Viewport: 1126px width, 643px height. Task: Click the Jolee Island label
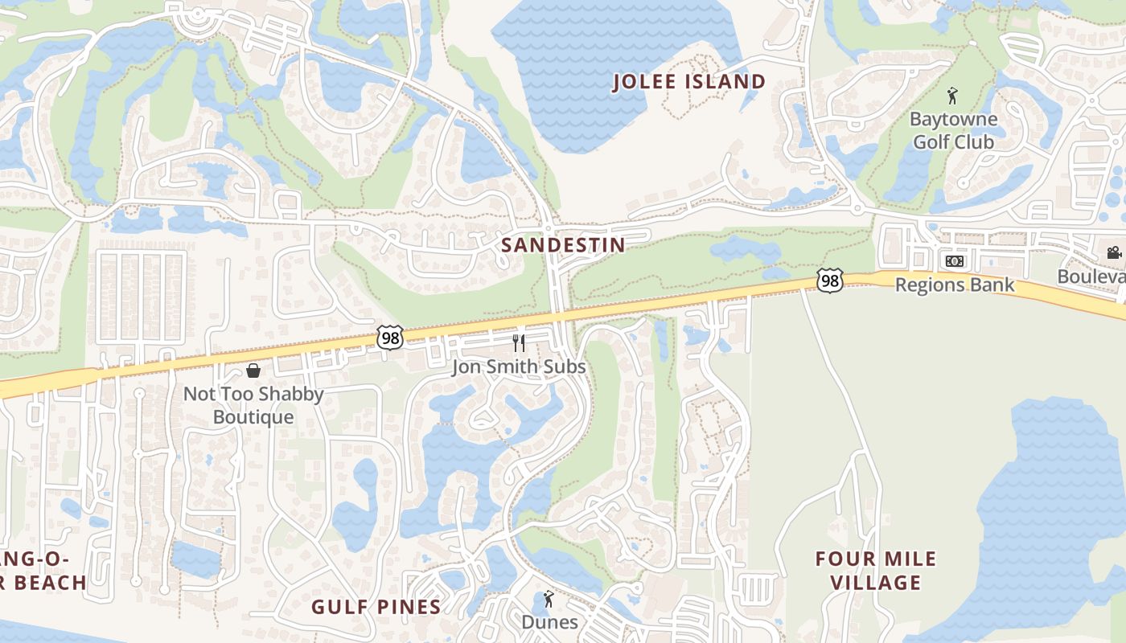pyautogui.click(x=689, y=82)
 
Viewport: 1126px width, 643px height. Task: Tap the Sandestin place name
pyautogui.click(x=563, y=245)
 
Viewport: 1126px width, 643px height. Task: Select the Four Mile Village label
pyautogui.click(x=876, y=571)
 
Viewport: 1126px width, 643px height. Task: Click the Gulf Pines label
pyautogui.click(x=376, y=607)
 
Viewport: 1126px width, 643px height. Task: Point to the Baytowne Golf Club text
pyautogui.click(x=953, y=130)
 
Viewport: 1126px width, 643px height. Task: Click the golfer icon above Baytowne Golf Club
pyautogui.click(x=953, y=96)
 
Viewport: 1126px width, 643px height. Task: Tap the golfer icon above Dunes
pyautogui.click(x=549, y=599)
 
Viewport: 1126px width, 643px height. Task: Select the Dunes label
pyautogui.click(x=549, y=622)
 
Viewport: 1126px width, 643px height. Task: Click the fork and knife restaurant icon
pyautogui.click(x=519, y=343)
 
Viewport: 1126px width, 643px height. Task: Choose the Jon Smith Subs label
pyautogui.click(x=519, y=367)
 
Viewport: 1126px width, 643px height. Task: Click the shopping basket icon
pyautogui.click(x=253, y=371)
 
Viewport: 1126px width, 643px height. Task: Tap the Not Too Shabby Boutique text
pyautogui.click(x=253, y=406)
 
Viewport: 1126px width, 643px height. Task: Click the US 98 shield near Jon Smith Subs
pyautogui.click(x=390, y=338)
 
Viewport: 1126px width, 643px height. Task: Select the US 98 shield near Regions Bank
pyautogui.click(x=829, y=280)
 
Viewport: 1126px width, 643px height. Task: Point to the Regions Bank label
pyautogui.click(x=955, y=285)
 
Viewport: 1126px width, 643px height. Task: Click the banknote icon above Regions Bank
pyautogui.click(x=955, y=261)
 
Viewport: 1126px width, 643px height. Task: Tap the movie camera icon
pyautogui.click(x=1114, y=253)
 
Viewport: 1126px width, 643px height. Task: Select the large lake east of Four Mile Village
pyautogui.click(x=1046, y=498)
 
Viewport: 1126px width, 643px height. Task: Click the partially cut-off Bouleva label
pyautogui.click(x=1091, y=276)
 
